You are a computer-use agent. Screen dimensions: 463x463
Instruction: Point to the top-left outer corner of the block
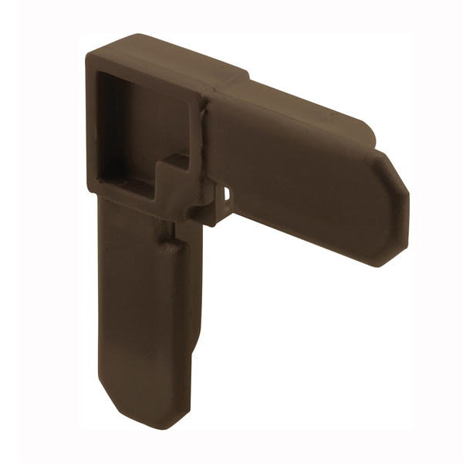[x=90, y=54]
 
